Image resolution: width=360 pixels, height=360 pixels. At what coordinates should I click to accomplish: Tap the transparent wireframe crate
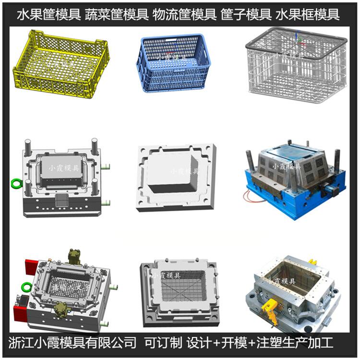pos(296,65)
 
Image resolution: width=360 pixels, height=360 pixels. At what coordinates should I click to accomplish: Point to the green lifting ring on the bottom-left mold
pos(26,287)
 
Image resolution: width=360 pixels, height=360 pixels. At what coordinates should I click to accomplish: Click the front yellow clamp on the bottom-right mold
pos(270,307)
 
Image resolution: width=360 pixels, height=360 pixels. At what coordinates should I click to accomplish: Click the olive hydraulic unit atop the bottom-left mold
pos(75,257)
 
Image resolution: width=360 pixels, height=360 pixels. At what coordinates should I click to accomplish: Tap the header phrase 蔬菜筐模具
pos(117,14)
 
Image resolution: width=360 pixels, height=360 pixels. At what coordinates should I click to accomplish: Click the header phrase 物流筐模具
pos(184,14)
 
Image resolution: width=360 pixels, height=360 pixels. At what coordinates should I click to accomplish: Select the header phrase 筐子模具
pos(246,14)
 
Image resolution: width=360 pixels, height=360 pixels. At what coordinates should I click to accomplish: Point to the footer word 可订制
pos(163,343)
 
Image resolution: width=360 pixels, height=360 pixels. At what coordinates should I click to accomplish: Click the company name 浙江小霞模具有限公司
pos(72,343)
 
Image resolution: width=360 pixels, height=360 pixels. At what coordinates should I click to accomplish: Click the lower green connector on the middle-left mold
pos(106,203)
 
